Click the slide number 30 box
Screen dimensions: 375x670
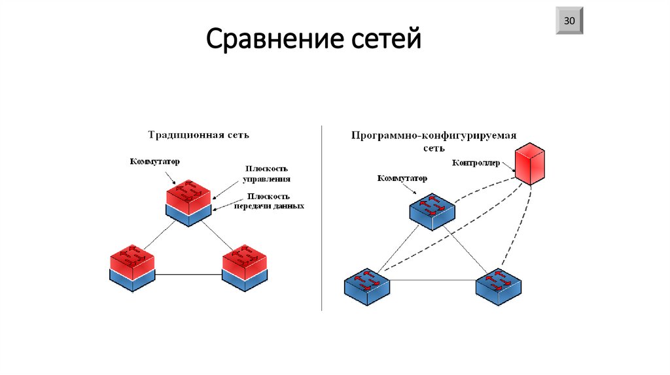tap(569, 21)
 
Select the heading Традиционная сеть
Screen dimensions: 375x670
tap(198, 135)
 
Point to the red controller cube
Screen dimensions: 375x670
tap(529, 163)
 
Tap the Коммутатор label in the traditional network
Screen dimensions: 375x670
tap(155, 161)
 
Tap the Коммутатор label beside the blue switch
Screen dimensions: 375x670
tap(402, 178)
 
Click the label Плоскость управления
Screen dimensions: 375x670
tap(266, 173)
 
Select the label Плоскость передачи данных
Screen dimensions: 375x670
tap(269, 201)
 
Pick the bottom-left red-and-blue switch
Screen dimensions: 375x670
tap(132, 268)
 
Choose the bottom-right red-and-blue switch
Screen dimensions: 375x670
tap(245, 267)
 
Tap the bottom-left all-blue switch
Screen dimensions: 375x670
tap(367, 286)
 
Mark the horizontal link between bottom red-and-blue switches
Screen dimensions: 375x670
tap(188, 274)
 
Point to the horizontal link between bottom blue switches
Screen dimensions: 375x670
tap(432, 280)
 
